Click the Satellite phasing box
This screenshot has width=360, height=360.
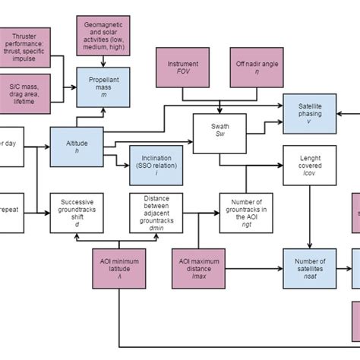[x=309, y=110]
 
